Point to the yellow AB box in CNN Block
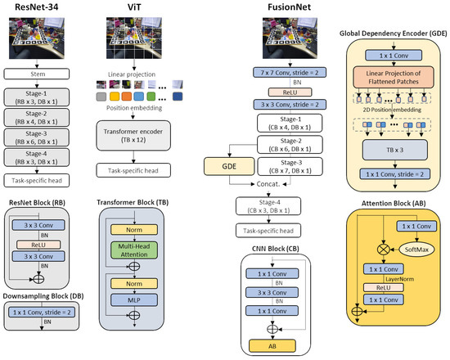coord(282,345)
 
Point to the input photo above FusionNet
coord(281,38)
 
